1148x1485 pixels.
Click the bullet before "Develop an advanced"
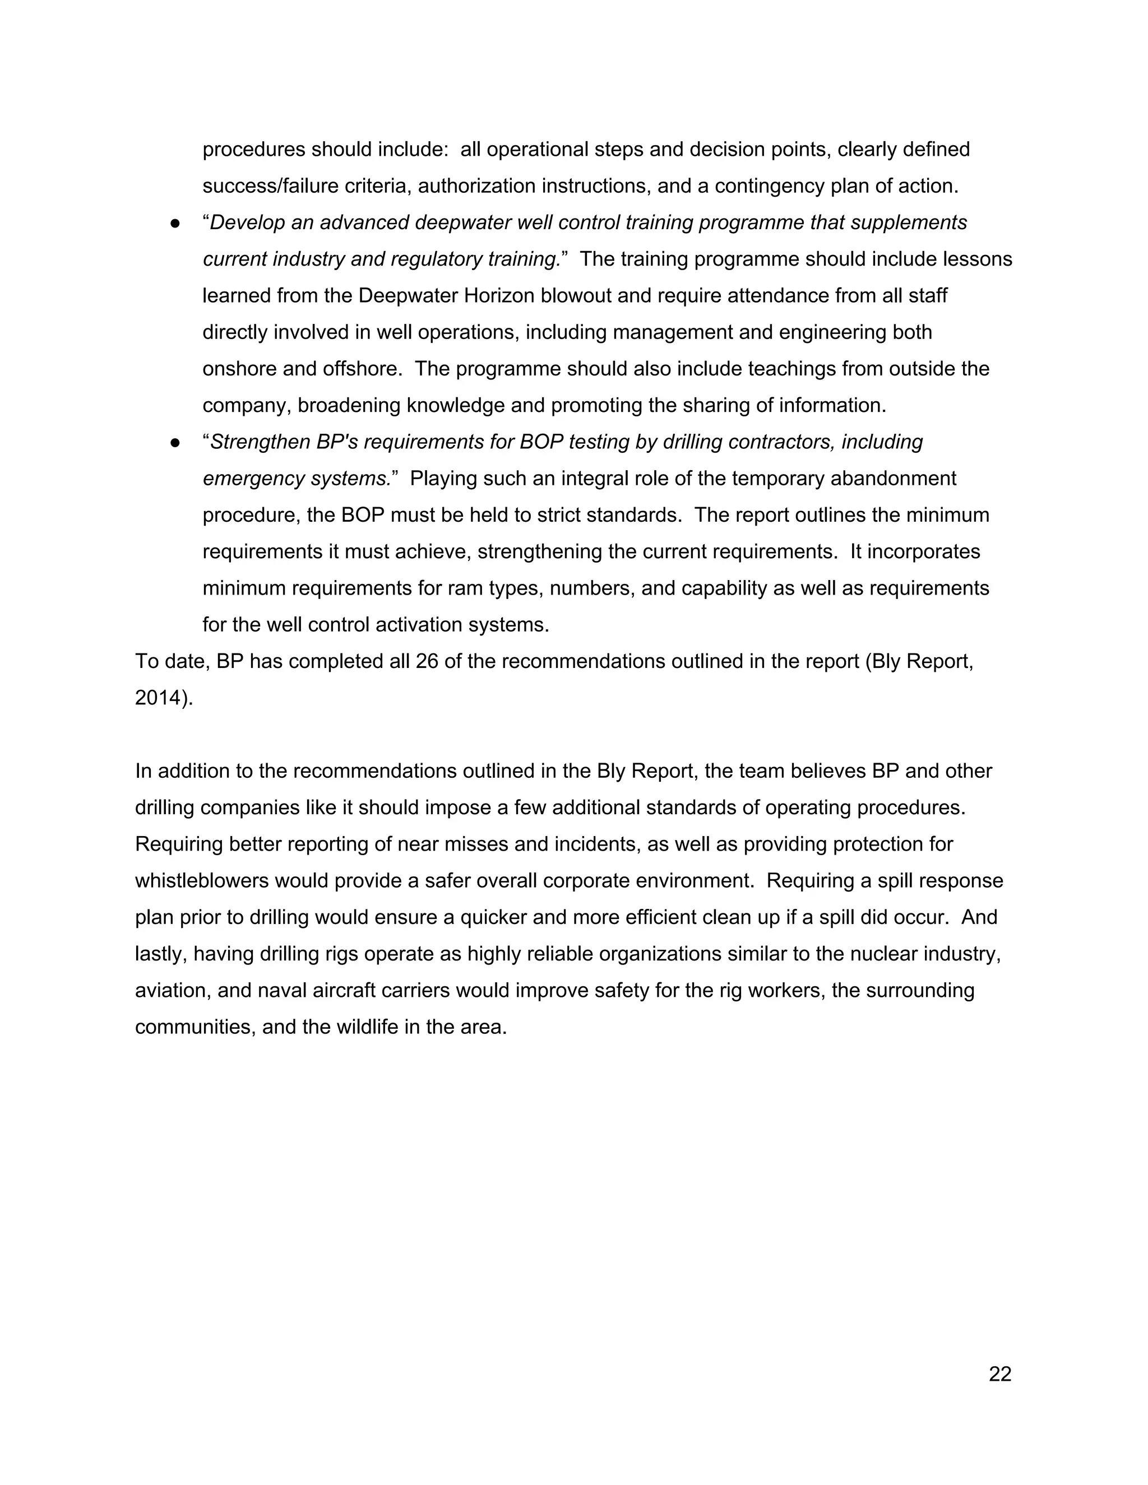coord(175,223)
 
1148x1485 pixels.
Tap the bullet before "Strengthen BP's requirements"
coord(175,443)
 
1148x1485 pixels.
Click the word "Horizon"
coord(500,296)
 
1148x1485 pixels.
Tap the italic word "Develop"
coord(247,223)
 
